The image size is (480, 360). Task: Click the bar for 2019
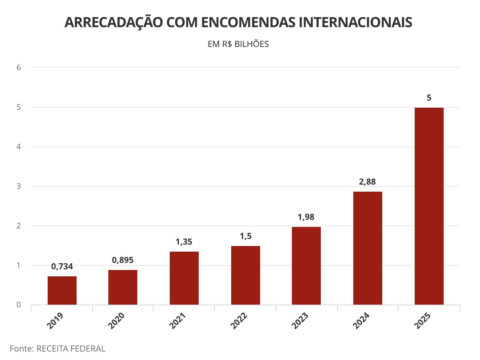(x=62, y=290)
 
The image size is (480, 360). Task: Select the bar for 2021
(x=184, y=278)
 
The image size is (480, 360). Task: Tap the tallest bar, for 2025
(x=429, y=206)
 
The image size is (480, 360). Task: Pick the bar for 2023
(x=306, y=265)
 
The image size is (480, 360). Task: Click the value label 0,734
(x=62, y=266)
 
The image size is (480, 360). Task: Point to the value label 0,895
(x=123, y=260)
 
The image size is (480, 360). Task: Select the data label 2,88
(x=367, y=182)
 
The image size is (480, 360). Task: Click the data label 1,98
(x=306, y=217)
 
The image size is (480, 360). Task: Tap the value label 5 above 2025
(x=429, y=98)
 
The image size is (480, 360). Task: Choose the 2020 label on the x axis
(x=116, y=320)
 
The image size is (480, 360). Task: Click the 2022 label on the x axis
(x=239, y=320)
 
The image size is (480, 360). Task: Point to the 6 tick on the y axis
(x=19, y=67)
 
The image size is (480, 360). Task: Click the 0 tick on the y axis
(x=19, y=305)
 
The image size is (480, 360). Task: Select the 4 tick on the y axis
(x=19, y=146)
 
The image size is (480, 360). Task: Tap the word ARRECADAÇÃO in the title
(x=113, y=22)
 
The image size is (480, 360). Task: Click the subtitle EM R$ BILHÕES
(x=238, y=44)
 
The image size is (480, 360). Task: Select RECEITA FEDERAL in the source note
(x=71, y=349)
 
